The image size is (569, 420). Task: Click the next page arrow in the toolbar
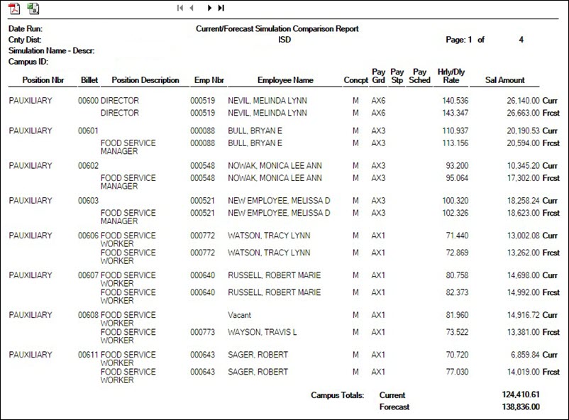209,9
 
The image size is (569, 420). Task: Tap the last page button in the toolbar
221,9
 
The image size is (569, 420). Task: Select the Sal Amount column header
504,80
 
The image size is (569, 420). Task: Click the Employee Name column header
285,80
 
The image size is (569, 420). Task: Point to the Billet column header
89,80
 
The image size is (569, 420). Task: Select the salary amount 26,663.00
519,113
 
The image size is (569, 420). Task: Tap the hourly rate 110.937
454,131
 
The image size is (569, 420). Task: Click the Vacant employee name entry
240,314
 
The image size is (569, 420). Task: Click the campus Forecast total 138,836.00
520,407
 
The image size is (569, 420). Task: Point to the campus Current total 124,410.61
520,394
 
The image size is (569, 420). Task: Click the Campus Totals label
337,394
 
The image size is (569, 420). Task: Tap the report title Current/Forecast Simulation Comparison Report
277,29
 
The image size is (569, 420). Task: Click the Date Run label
25,29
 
